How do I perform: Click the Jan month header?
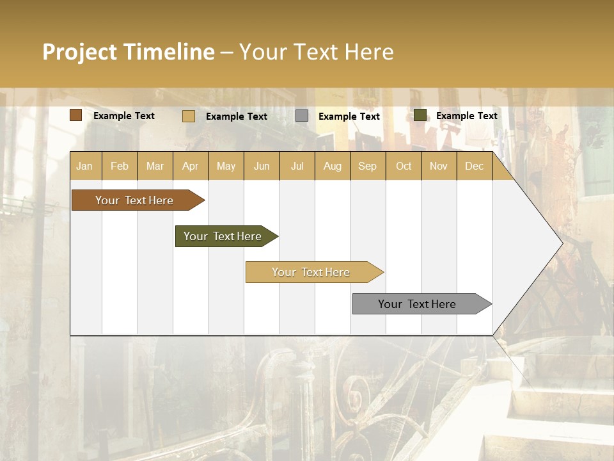[x=84, y=166]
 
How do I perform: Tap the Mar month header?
[x=155, y=166]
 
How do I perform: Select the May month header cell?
[x=226, y=166]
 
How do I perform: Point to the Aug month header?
[x=332, y=166]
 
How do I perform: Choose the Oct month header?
[x=403, y=166]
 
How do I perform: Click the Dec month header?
[x=474, y=166]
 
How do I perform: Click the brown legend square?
[x=76, y=115]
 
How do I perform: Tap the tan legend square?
[x=189, y=116]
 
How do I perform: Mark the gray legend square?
[x=302, y=116]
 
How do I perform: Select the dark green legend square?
[x=420, y=115]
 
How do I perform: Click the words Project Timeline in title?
[x=129, y=52]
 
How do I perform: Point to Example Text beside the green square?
[x=466, y=116]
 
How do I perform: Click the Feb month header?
[x=120, y=166]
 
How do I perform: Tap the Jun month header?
[x=262, y=166]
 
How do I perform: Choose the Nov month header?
[x=438, y=166]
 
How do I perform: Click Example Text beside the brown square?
[x=124, y=116]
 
